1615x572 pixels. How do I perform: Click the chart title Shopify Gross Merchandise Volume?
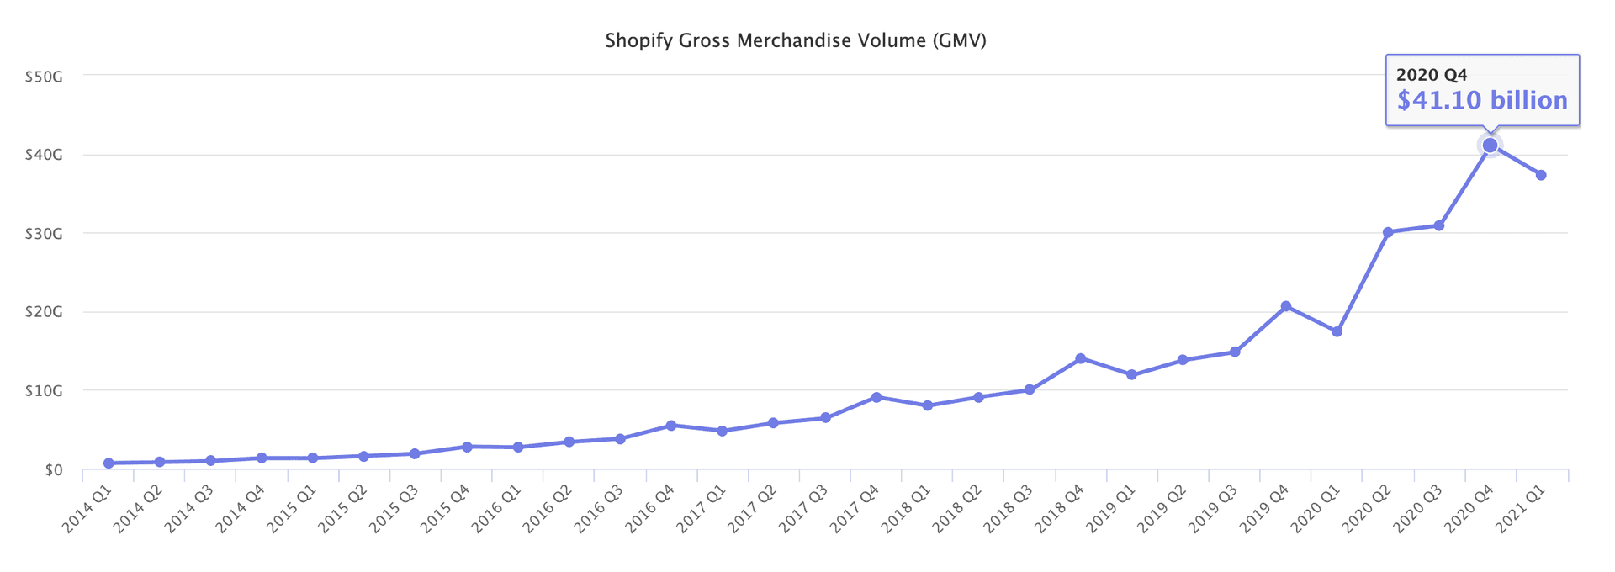pyautogui.click(x=795, y=40)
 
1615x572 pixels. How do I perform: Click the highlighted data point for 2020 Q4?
pyautogui.click(x=1490, y=146)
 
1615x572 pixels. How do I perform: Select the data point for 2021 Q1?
pyautogui.click(x=1541, y=175)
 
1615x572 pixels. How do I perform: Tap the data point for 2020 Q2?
pyautogui.click(x=1388, y=232)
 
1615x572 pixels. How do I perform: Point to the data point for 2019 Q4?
pyautogui.click(x=1285, y=306)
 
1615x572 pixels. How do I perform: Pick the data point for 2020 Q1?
pyautogui.click(x=1337, y=331)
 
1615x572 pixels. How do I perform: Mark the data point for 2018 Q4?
pyautogui.click(x=1080, y=358)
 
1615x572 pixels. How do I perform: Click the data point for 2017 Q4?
pyautogui.click(x=876, y=397)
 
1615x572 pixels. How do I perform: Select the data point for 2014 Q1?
pyautogui.click(x=109, y=463)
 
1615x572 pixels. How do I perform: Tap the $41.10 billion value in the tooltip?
pyautogui.click(x=1482, y=101)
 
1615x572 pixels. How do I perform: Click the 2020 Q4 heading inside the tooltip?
pyautogui.click(x=1432, y=75)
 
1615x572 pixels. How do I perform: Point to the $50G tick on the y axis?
pyautogui.click(x=44, y=77)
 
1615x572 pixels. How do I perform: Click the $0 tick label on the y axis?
pyautogui.click(x=54, y=469)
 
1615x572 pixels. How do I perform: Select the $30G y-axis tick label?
pyautogui.click(x=44, y=234)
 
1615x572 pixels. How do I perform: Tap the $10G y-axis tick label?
pyautogui.click(x=44, y=391)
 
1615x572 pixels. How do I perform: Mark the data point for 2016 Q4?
pyautogui.click(x=670, y=426)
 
